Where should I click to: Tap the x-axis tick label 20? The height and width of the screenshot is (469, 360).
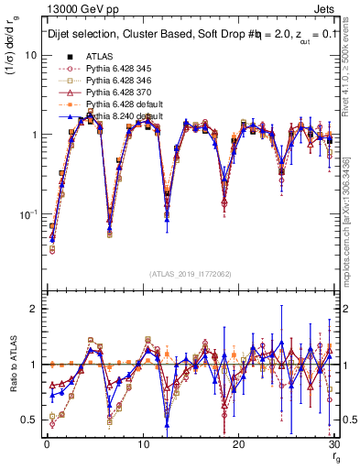click(x=239, y=443)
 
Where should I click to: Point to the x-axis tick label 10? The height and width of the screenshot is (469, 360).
click(x=143, y=443)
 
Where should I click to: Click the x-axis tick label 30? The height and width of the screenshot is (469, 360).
click(x=333, y=443)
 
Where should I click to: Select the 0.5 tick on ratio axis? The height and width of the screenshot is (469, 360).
click(x=29, y=420)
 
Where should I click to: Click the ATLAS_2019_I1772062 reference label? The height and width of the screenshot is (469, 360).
click(x=191, y=272)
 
